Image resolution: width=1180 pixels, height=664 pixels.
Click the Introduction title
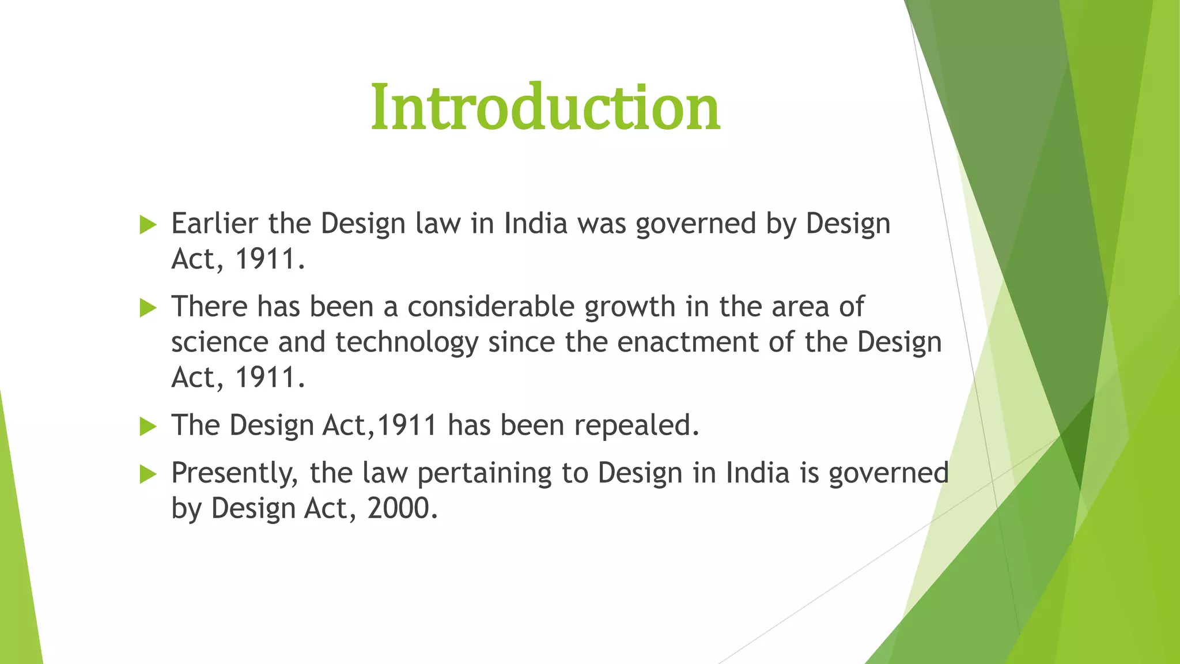545,107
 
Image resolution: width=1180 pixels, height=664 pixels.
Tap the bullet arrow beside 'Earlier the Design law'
148,225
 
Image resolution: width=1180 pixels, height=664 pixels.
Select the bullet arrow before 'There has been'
148,308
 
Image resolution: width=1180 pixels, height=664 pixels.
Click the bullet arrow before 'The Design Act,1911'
148,427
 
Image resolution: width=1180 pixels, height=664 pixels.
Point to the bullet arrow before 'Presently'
148,474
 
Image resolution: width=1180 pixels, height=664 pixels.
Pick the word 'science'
220,342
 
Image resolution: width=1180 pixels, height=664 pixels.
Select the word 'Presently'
235,474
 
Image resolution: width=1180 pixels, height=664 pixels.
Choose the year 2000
402,508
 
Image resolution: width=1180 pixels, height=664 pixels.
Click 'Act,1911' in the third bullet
380,425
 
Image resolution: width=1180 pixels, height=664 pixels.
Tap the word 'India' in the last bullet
757,473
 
